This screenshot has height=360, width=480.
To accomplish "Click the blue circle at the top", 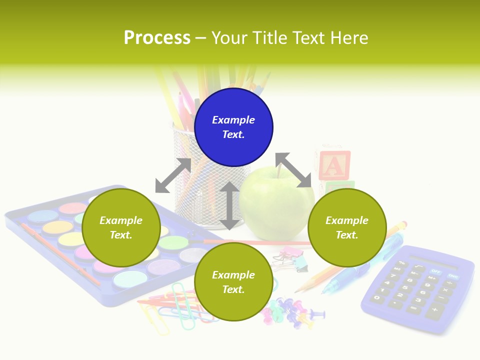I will pyautogui.click(x=233, y=127).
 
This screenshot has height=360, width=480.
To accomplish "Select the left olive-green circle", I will pyautogui.click(x=121, y=227).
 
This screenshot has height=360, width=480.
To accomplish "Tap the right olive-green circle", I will pyautogui.click(x=347, y=227).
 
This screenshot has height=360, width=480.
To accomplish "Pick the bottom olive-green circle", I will pyautogui.click(x=233, y=282).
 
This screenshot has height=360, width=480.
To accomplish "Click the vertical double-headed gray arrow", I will pyautogui.click(x=229, y=205).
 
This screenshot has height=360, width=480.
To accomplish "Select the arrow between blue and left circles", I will pyautogui.click(x=173, y=175).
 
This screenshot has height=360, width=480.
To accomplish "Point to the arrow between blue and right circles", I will pyautogui.click(x=293, y=170).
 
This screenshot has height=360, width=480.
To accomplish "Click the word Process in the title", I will pyautogui.click(x=157, y=37).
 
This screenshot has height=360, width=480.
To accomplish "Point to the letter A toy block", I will pyautogui.click(x=334, y=165).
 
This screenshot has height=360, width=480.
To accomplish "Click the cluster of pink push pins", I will pyautogui.click(x=290, y=310).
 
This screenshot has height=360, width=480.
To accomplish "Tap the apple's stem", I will pyautogui.click(x=279, y=171).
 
